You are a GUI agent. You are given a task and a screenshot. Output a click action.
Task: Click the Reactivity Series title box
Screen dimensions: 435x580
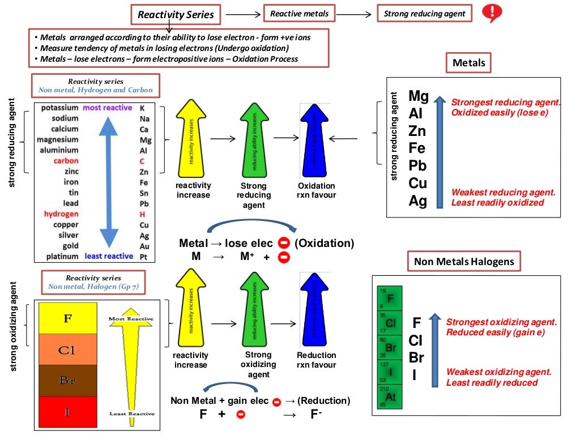176,15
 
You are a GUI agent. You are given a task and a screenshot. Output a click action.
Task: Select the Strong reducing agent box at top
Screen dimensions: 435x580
425,14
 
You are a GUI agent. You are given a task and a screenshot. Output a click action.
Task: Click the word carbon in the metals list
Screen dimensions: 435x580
66,161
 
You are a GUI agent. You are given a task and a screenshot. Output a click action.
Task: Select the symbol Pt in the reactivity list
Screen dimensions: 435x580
144,257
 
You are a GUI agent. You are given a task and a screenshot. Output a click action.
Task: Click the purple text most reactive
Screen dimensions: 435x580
108,108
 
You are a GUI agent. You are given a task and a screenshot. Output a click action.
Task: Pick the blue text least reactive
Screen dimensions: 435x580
109,256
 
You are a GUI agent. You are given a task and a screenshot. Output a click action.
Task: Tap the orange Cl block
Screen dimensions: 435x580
67,349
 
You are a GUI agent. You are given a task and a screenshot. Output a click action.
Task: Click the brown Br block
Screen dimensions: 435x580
67,381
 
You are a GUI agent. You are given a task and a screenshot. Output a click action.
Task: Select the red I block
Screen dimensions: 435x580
67,412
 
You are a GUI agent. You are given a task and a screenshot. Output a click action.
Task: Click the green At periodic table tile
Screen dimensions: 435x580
390,396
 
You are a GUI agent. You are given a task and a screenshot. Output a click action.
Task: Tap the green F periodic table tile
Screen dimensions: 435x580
390,297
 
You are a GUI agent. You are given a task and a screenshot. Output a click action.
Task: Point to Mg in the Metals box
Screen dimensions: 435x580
419,96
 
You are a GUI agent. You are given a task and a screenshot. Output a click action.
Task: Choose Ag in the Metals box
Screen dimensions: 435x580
419,201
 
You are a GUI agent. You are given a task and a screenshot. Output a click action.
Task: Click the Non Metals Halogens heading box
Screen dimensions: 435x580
463,261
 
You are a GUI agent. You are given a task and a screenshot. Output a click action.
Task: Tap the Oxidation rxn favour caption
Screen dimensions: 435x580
317,190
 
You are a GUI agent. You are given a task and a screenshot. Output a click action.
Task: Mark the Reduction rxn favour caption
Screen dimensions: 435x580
317,360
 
